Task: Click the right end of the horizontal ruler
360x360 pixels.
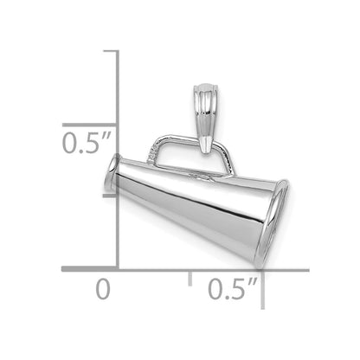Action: (306, 270)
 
